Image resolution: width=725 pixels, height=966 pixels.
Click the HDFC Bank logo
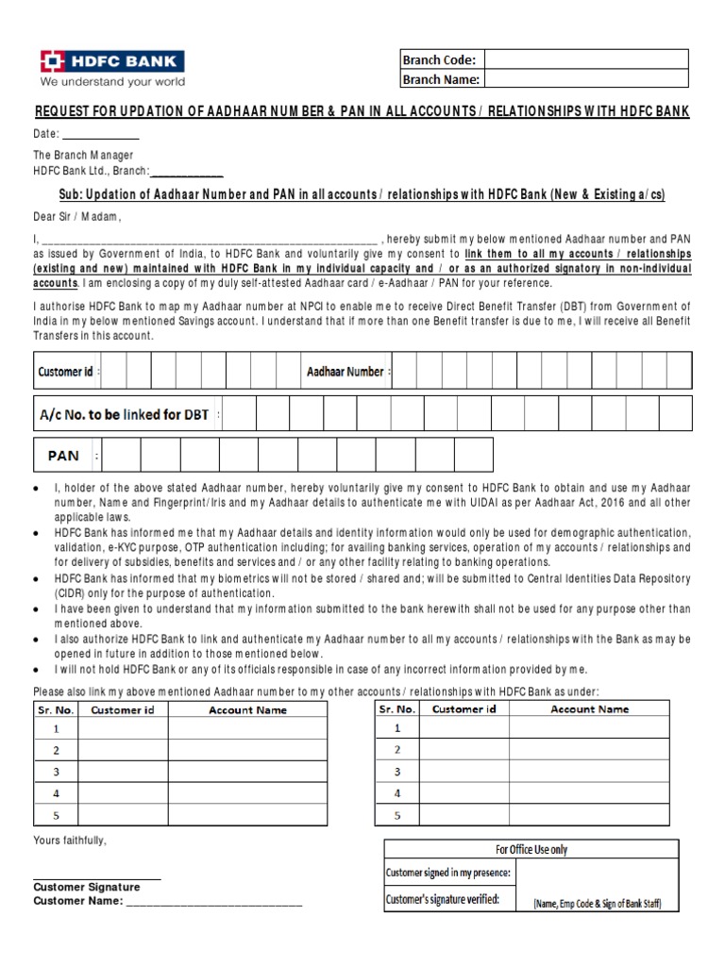coord(111,62)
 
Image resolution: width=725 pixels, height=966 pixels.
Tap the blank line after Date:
coord(101,134)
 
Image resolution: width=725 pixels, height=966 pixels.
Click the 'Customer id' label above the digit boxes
coord(66,372)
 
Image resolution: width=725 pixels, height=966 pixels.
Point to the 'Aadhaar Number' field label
coord(346,372)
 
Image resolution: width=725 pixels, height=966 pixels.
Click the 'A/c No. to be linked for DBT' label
coord(124,414)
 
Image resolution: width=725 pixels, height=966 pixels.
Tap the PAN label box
coord(64,456)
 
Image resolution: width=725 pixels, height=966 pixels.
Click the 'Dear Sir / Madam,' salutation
coord(78,216)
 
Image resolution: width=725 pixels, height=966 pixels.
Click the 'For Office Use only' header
coord(531,849)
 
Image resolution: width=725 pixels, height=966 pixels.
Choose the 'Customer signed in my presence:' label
coord(448,873)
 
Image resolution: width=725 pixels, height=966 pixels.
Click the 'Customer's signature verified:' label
coord(443,899)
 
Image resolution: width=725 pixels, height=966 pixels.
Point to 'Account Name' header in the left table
coord(247,709)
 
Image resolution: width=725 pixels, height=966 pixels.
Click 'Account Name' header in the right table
coord(589,708)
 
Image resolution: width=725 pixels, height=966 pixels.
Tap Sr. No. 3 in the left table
coord(56,772)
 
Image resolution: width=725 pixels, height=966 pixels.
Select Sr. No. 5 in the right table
coord(397,815)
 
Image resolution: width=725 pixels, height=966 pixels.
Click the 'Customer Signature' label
coord(87,887)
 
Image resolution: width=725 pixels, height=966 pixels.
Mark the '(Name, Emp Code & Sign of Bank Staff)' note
coord(597,903)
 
